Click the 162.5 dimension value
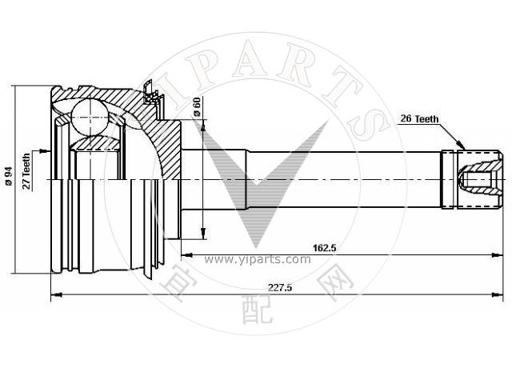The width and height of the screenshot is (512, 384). point(325,248)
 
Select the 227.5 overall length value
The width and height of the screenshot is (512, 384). point(280,288)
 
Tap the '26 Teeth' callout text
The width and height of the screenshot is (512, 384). point(419,119)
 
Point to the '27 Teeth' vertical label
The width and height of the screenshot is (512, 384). point(26,171)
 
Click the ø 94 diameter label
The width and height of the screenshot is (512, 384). point(9,176)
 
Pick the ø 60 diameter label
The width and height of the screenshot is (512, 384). point(197,106)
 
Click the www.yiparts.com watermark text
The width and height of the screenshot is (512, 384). point(258,259)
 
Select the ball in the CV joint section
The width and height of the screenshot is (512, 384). point(89,117)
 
